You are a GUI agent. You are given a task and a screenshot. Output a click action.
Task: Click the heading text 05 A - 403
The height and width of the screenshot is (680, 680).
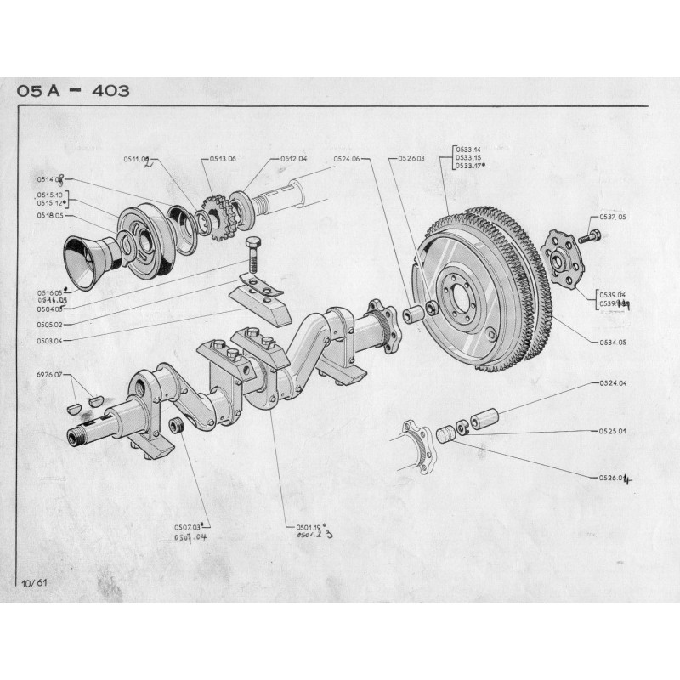pos(71,91)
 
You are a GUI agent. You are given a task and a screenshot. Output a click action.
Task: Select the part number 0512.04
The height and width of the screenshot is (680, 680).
pos(293,159)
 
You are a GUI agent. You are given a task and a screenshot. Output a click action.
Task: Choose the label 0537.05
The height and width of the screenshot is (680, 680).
pos(612,218)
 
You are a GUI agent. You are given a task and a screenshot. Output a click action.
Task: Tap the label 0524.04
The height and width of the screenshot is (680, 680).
pos(610,384)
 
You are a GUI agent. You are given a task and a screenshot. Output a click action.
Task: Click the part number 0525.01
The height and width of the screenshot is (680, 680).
pos(610,431)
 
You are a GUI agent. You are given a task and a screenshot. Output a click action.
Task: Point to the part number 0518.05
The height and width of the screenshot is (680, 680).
pos(50,217)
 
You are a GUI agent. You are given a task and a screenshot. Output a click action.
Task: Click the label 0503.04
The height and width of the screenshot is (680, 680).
pos(50,340)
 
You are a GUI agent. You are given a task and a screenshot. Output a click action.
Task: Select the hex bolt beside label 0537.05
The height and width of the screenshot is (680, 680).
pos(587,237)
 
